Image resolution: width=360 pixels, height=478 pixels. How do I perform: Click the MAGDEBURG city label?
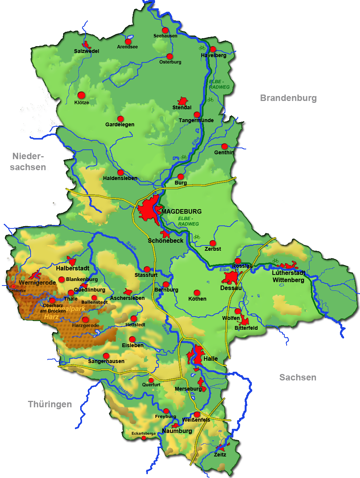pos(182,211)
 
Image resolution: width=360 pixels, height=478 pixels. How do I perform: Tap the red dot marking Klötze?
pos(81,95)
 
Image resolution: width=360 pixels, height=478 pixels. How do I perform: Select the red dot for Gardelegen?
pos(120,118)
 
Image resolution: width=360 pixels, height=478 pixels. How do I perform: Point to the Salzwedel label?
pos(87,51)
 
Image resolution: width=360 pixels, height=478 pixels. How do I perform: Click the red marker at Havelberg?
pos(213,49)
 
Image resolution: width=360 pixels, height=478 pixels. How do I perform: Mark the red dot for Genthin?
pos(224,146)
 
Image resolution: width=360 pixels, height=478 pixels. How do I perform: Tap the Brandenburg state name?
pos(287,98)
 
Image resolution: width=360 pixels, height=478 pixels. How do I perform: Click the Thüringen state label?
pos(50,405)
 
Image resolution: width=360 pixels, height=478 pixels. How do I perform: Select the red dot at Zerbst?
pos(213,243)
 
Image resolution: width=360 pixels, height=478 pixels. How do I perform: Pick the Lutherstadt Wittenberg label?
pos(288,276)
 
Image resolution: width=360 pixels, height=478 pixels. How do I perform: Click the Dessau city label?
pos(231,288)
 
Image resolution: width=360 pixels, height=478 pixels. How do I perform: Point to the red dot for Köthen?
pos(197,292)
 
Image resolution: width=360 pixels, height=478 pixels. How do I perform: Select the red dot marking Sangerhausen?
pos(106,355)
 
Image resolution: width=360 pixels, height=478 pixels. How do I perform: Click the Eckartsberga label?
pos(143,433)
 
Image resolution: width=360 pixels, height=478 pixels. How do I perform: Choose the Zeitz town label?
pos(220,455)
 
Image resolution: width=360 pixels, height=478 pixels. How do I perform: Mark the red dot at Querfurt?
pos(151,380)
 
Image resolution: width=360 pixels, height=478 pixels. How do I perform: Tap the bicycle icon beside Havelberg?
pos(202,48)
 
